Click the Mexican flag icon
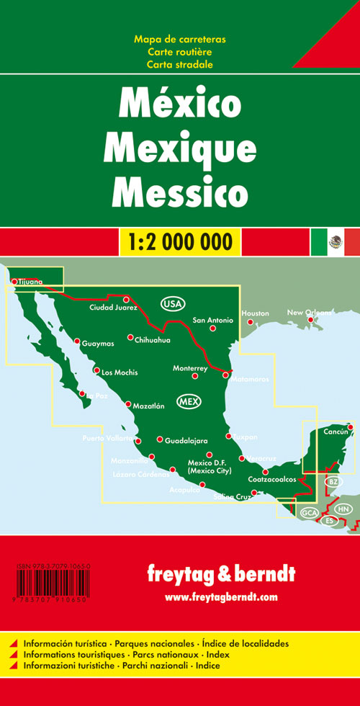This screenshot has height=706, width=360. point(335,241)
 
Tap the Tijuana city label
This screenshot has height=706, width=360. point(31,282)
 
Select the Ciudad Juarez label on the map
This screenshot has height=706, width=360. point(112,308)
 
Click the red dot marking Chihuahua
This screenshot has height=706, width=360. point(130,337)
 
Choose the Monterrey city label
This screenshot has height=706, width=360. point(190,368)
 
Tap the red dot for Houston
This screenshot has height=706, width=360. point(249,321)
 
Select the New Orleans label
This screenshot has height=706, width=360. point(310,313)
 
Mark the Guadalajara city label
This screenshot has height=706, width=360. point(186,440)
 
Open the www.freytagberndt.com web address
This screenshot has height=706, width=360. point(221,596)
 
